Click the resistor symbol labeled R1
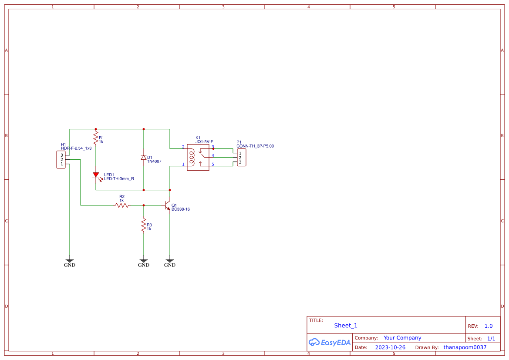coord(96,138)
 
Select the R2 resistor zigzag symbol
coord(122,205)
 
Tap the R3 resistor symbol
coord(143,225)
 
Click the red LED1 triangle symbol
coord(96,175)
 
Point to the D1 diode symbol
coord(143,158)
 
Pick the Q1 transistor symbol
coord(168,205)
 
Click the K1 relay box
coord(198,157)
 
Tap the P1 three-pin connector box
coord(241,158)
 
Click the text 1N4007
coord(154,161)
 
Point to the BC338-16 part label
coord(180,209)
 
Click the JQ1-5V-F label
coord(204,142)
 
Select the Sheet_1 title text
coord(346,326)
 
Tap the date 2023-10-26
coord(390,347)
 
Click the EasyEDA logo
coord(329,343)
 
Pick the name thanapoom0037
coord(465,347)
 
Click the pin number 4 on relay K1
coord(212,155)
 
